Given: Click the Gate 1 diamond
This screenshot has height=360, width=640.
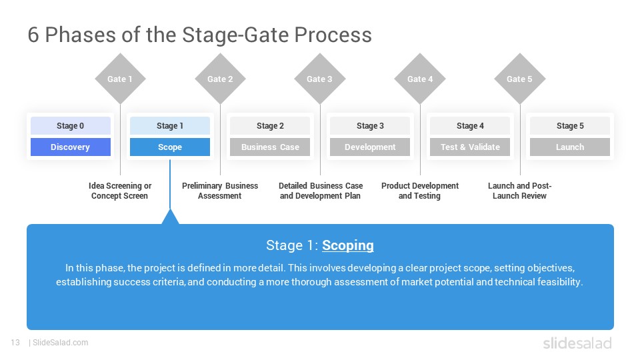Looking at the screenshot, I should click(120, 79).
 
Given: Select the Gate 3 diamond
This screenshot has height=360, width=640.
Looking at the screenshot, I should click(320, 79).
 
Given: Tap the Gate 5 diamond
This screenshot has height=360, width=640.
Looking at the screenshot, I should click(520, 79).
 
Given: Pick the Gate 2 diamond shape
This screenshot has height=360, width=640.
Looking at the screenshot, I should click(220, 79).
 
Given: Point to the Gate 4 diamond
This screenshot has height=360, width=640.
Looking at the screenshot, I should click(420, 79).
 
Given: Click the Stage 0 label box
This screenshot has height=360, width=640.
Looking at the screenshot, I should click(70, 126).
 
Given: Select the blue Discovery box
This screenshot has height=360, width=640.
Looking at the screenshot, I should click(70, 147).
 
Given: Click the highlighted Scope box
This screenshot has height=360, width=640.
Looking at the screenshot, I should click(170, 147).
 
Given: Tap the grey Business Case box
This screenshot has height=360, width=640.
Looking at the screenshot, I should click(270, 147).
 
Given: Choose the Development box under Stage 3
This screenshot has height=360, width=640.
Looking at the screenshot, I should click(370, 147).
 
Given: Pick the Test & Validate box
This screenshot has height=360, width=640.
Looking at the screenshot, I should click(470, 147).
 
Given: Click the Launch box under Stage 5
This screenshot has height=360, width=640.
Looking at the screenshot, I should click(570, 147).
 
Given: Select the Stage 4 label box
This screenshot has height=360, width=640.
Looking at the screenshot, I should click(470, 126).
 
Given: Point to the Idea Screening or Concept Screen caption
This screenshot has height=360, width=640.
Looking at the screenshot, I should click(120, 191).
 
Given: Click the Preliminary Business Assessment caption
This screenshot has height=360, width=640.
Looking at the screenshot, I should click(220, 191).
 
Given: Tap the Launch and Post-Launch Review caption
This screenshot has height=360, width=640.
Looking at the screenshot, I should click(519, 191).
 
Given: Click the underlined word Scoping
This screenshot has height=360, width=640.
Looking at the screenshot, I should click(347, 245).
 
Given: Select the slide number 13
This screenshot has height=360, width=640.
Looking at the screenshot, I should click(15, 343).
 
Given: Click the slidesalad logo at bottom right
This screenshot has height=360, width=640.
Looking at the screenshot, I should click(577, 343).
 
